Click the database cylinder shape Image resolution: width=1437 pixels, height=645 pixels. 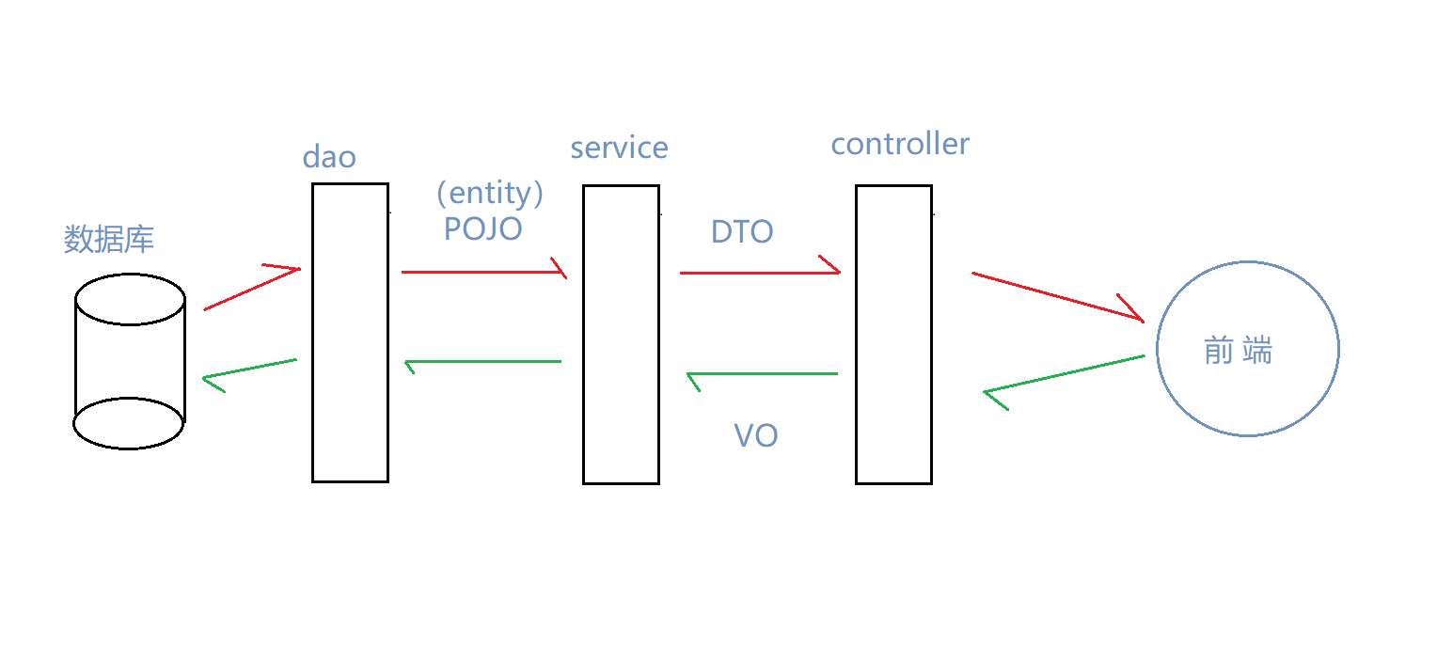130,362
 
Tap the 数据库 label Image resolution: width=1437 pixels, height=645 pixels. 109,239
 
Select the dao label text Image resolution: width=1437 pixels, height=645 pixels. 329,156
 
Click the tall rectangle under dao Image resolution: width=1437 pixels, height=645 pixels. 350,333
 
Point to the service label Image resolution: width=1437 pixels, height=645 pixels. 619,148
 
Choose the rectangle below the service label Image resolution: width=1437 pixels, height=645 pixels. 621,335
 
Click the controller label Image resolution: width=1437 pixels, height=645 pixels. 900,144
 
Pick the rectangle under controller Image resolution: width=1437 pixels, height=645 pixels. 893,335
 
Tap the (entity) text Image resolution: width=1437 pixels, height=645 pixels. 490,193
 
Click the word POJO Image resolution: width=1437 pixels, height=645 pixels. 482,228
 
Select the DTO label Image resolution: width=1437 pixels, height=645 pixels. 742,231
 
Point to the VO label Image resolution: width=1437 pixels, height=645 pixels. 755,435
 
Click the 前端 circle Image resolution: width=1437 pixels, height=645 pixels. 1247,349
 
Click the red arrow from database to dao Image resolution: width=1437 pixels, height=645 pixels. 251,289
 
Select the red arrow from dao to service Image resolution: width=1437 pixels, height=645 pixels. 482,272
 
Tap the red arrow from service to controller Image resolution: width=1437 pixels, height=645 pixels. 758,273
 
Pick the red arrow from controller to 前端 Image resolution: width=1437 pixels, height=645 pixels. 1057,297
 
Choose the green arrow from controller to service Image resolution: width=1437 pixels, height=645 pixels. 762,374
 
